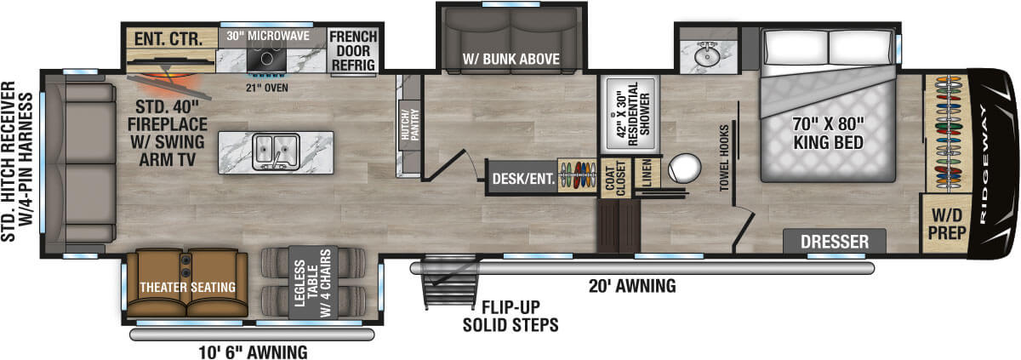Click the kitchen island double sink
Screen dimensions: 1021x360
coord(277,151)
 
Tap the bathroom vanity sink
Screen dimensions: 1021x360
coord(707,55)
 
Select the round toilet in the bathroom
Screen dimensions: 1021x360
coord(684,169)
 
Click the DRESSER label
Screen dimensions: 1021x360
coord(835,242)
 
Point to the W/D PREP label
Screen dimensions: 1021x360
coord(947,224)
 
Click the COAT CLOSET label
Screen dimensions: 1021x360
coord(615,178)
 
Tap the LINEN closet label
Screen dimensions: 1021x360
coord(647,173)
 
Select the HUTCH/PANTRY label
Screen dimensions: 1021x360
coord(410,124)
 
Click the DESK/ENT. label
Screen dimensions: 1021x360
coord(524,178)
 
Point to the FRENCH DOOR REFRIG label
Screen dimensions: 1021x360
coord(353,50)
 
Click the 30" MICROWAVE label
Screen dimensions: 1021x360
coord(268,36)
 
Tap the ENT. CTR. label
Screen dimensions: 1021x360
coord(168,39)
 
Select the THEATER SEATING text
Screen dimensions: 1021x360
coord(188,287)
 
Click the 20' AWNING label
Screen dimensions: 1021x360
coord(632,286)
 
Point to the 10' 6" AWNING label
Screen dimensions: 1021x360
coord(253,352)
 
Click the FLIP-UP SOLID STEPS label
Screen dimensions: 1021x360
coord(510,316)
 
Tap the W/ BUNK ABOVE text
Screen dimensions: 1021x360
coord(511,59)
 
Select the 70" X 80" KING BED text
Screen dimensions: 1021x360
coord(828,133)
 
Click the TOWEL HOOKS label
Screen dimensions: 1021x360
coord(724,157)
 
